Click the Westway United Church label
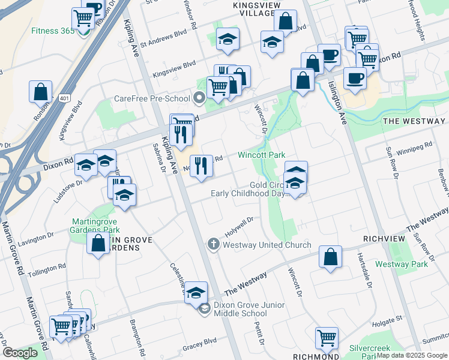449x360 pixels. pyautogui.click(x=267, y=245)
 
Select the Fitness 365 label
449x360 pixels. pyautogui.click(x=53, y=31)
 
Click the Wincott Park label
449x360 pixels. pyautogui.click(x=261, y=155)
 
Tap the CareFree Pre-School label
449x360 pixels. pyautogui.click(x=152, y=98)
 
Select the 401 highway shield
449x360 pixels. pyautogui.click(x=64, y=97)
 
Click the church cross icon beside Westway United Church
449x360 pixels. pyautogui.click(x=212, y=244)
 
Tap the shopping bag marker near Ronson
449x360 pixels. pyautogui.click(x=40, y=92)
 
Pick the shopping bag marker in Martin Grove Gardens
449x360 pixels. pyautogui.click(x=98, y=244)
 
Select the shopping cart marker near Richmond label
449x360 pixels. pyautogui.click(x=327, y=338)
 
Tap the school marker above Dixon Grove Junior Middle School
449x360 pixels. pyautogui.click(x=196, y=293)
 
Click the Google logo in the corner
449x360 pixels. pyautogui.click(x=20, y=353)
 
